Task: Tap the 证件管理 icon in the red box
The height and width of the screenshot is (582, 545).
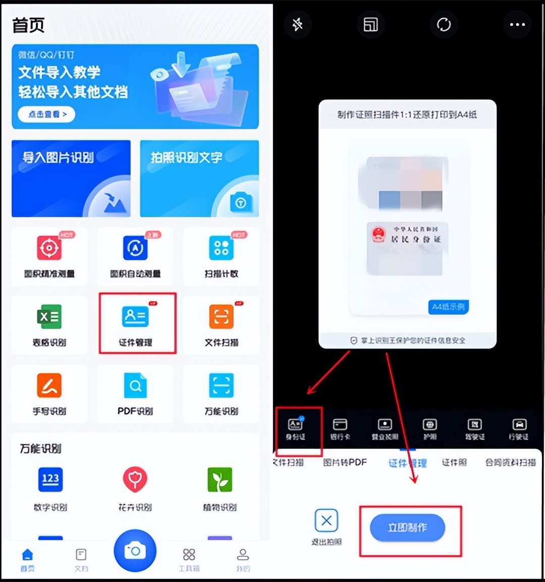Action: point(135,317)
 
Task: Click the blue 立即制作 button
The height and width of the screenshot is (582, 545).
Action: point(407,528)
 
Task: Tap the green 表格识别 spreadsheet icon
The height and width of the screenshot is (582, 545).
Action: point(49,317)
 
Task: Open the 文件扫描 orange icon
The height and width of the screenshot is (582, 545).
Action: point(221,317)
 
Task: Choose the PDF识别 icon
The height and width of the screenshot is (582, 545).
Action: point(135,386)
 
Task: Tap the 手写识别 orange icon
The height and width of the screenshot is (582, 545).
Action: point(49,386)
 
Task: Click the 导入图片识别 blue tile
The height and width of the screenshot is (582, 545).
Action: point(71,178)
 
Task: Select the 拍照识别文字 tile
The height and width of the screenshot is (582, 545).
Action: point(199,178)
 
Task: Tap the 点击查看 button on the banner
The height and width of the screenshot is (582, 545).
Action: point(46,114)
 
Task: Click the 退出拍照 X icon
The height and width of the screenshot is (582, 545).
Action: point(326,521)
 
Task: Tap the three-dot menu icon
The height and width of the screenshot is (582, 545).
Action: point(517,24)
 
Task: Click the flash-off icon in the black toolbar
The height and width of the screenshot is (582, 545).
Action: point(297,24)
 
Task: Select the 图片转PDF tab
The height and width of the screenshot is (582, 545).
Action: point(345,462)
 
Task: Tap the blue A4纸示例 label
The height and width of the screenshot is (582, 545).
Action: point(448,307)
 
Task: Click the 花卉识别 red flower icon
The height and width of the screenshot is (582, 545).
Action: point(135,479)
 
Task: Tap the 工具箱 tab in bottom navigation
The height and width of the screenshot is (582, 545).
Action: point(189,559)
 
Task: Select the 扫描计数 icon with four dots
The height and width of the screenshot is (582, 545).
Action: point(221,248)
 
